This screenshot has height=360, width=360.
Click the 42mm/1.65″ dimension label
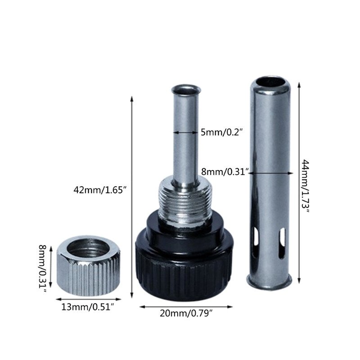[x=100, y=190]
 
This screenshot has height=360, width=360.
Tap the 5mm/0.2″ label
[x=222, y=132]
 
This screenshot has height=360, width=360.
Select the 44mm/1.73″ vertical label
[x=306, y=186]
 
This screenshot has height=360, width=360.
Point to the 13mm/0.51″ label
[x=88, y=307]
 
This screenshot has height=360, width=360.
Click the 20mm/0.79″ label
[x=186, y=313]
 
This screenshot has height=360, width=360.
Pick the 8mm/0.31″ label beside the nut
[x=42, y=269]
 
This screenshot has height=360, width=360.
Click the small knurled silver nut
[x=88, y=265]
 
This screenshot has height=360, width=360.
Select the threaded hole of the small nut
[x=88, y=249]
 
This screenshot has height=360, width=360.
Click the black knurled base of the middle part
[x=184, y=269]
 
